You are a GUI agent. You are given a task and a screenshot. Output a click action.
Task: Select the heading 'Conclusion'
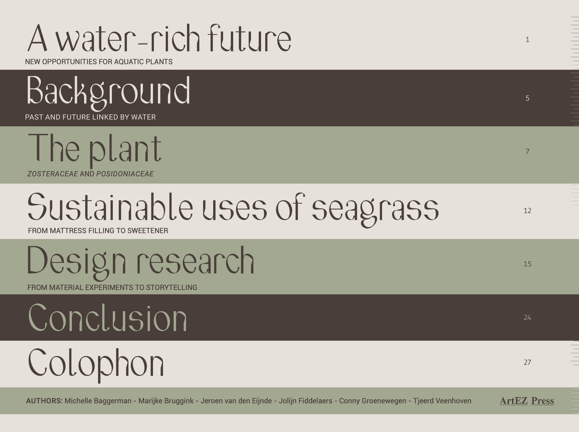(x=107, y=317)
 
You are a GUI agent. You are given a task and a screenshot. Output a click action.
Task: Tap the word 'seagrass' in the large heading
(x=375, y=210)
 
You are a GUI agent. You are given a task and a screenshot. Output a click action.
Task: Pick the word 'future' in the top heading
(x=250, y=38)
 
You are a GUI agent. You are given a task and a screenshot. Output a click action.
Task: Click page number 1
(x=527, y=39)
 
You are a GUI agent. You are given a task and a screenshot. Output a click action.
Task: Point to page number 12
(x=527, y=210)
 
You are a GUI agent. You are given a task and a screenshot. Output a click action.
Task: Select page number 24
(x=527, y=317)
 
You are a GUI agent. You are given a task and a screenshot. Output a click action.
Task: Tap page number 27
(x=527, y=362)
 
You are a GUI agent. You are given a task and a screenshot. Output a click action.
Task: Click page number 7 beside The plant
(x=527, y=151)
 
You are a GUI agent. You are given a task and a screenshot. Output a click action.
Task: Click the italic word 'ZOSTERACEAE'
(x=53, y=174)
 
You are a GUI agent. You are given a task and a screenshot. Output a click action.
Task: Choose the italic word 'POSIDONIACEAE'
(x=125, y=174)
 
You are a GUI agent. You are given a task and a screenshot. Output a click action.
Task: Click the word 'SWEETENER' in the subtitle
(x=148, y=231)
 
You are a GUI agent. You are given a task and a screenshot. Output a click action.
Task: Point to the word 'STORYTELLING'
(x=172, y=288)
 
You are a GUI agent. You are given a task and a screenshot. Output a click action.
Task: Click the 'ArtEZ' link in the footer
(x=514, y=401)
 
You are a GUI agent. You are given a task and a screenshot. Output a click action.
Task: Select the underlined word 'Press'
(x=543, y=401)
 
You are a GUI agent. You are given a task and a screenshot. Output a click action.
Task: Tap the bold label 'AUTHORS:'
(x=44, y=401)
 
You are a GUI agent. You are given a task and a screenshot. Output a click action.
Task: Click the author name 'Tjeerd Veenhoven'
(x=442, y=401)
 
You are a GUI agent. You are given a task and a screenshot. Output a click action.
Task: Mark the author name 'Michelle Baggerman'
(x=98, y=401)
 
